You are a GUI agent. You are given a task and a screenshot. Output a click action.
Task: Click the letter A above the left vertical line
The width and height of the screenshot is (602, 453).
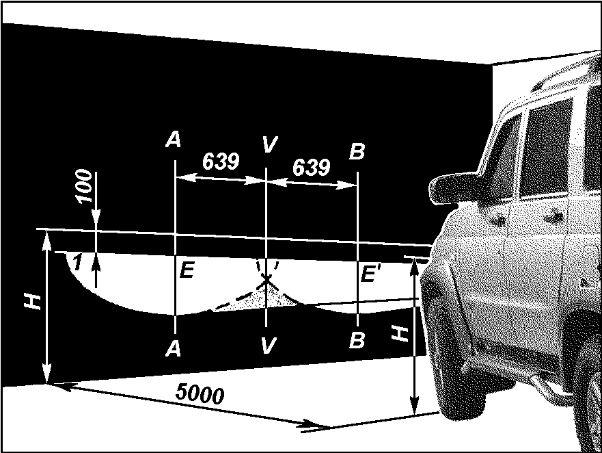pyautogui.click(x=173, y=139)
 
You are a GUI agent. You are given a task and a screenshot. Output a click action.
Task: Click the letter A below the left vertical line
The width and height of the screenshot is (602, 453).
pyautogui.click(x=173, y=349)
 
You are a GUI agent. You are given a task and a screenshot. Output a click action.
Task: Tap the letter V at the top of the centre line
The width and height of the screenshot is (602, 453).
pyautogui.click(x=269, y=144)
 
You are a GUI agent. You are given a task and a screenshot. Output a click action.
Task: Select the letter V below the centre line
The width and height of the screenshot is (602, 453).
pyautogui.click(x=268, y=345)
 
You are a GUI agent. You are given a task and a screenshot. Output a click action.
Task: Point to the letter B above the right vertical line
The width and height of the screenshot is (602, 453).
pyautogui.click(x=357, y=151)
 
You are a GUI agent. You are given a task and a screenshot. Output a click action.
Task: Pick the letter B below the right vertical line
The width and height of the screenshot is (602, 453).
pyautogui.click(x=357, y=340)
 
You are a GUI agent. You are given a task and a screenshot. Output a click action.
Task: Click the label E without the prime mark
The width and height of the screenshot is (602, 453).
pyautogui.click(x=187, y=270)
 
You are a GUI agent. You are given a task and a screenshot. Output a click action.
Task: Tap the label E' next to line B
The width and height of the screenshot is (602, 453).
pyautogui.click(x=369, y=274)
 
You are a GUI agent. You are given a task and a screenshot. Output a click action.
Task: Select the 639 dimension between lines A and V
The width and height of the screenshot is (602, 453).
pyautogui.click(x=221, y=161)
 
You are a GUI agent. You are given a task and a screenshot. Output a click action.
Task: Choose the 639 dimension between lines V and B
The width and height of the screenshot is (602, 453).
pyautogui.click(x=312, y=167)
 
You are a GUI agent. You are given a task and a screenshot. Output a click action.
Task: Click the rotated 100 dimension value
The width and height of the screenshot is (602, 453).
pyautogui.click(x=85, y=185)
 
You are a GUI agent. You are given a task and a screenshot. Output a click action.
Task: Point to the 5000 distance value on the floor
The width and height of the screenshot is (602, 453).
pyautogui.click(x=200, y=393)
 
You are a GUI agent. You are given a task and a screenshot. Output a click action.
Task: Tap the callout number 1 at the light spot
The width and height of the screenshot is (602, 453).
pyautogui.click(x=77, y=263)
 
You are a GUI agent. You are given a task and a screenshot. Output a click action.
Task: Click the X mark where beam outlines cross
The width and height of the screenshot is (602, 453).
pyautogui.click(x=266, y=281)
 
